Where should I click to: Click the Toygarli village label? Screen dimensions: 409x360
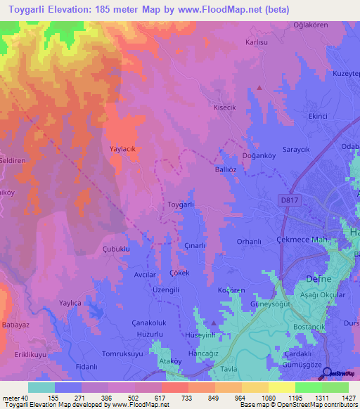tap(181, 204)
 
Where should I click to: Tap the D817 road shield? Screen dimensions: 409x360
tap(283, 199)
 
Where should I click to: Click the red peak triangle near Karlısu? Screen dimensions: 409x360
tap(259, 88)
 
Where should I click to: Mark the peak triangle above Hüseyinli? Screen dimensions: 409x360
tap(213, 323)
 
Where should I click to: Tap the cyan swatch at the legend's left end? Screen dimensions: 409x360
tap(41, 387)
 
